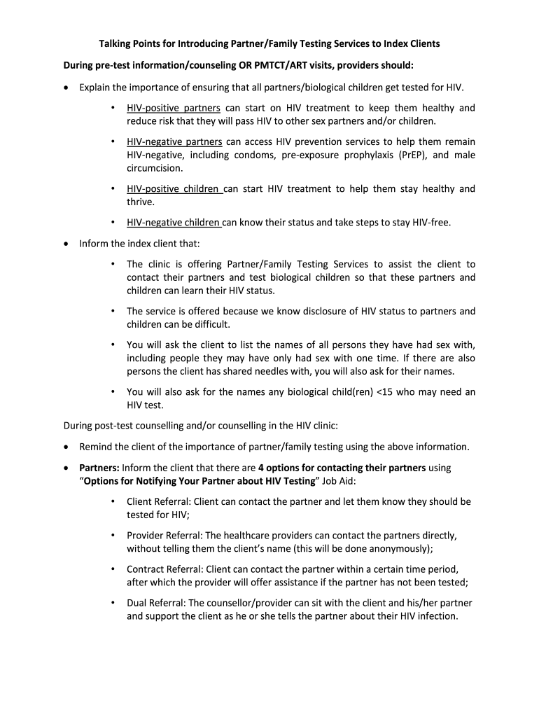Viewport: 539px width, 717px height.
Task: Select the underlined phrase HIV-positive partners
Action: [x=173, y=109]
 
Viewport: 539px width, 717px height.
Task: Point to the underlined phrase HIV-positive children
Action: [x=174, y=189]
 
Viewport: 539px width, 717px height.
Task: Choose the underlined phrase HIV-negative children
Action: [x=174, y=223]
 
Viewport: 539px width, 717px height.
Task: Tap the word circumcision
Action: [x=155, y=169]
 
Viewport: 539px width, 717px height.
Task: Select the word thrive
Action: [x=140, y=202]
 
